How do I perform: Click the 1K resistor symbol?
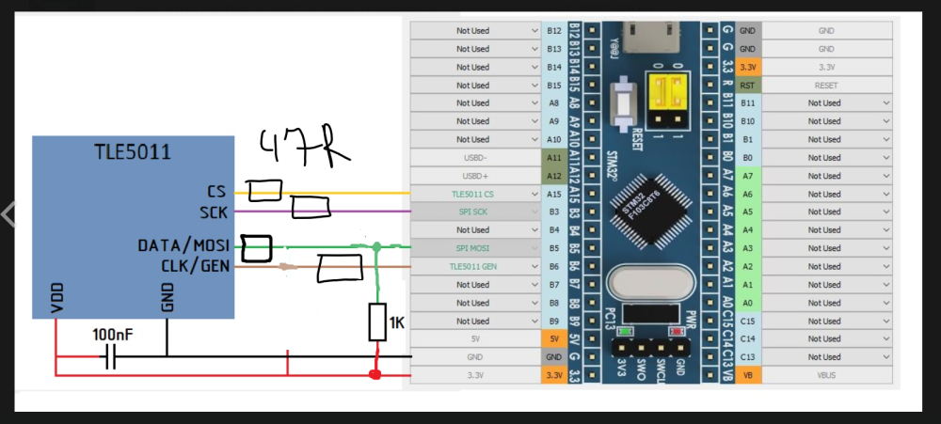tap(377, 322)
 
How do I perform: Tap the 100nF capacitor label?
tap(113, 334)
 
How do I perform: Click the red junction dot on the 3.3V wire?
tap(376, 375)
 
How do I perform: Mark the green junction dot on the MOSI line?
tap(375, 247)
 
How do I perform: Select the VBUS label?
tap(825, 375)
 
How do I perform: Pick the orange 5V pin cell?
tap(554, 338)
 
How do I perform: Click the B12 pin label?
tap(554, 31)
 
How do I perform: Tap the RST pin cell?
tap(748, 85)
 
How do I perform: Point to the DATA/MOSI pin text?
tap(183, 246)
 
